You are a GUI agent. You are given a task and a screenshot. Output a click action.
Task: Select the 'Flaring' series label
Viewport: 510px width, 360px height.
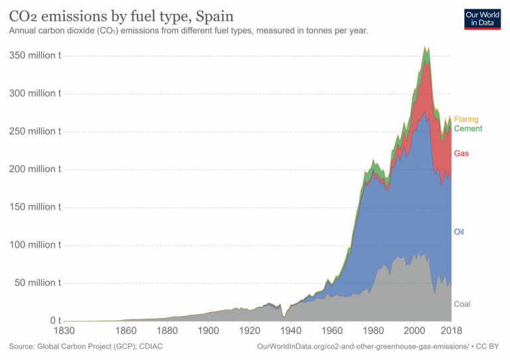[x=466, y=120]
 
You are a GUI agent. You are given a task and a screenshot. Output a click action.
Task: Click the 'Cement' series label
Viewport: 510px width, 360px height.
[x=467, y=129]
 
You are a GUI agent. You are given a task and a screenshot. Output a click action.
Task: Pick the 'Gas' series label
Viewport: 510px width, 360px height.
[x=461, y=153]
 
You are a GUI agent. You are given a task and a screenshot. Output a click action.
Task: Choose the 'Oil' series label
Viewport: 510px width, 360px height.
[x=459, y=232]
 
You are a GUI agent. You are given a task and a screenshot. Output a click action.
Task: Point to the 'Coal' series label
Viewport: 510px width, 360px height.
[x=462, y=304]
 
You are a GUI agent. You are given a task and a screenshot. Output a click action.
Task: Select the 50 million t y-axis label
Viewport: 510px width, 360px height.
[x=37, y=283]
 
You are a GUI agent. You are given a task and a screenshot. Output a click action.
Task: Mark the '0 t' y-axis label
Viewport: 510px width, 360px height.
[x=53, y=321]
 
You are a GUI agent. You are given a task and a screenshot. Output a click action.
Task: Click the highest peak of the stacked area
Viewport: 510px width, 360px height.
[x=426, y=47]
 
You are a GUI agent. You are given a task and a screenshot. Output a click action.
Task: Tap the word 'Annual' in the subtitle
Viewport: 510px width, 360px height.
[x=21, y=31]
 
